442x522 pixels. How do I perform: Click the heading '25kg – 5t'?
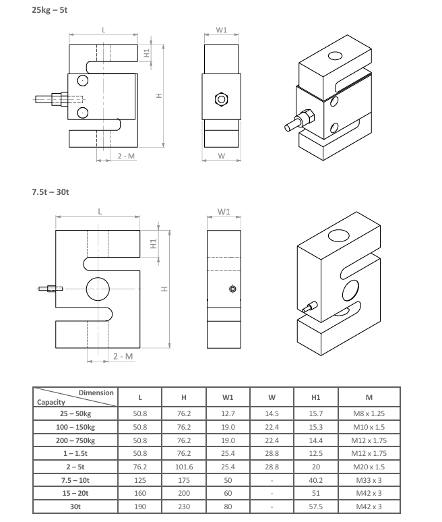coord(50,10)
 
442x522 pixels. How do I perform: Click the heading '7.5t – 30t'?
coord(51,192)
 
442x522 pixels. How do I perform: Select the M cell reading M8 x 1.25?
coord(369,413)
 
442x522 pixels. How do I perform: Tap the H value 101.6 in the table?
coord(184,467)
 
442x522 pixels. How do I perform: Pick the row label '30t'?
coord(75,506)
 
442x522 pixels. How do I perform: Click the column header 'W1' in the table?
coord(228,397)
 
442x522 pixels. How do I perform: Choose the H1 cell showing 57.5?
coord(315,506)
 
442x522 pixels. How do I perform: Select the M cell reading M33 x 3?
coord(369,480)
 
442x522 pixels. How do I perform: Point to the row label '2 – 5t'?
coord(75,467)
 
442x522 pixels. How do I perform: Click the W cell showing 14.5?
coord(272,413)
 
